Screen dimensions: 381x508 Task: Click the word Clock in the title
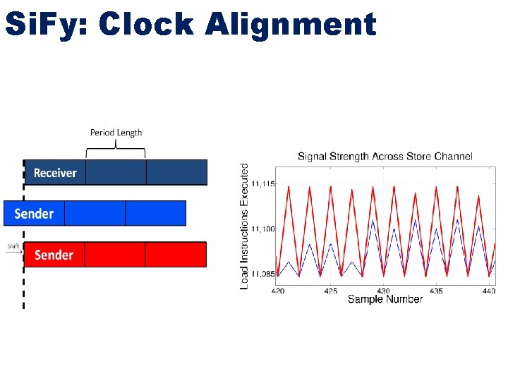pos(146,24)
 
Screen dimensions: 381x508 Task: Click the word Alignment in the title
pos(291,24)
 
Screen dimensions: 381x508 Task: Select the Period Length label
pos(116,132)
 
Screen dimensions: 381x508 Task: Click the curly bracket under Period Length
pos(116,149)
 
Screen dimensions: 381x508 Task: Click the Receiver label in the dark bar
pos(55,173)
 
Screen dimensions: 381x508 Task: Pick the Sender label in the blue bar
pos(34,213)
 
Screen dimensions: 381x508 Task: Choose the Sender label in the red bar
pos(54,255)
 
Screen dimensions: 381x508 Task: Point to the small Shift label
pos(13,246)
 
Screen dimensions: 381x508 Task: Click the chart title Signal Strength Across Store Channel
pos(385,156)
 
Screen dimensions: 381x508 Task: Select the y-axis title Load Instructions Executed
pos(245,226)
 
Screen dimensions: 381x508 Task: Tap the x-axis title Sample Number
pos(385,299)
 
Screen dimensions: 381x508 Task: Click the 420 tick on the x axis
pos(277,290)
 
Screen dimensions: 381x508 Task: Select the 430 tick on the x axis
pos(383,290)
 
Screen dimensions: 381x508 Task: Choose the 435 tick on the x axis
pos(436,290)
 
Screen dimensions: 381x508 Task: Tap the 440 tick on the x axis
pos(488,290)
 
